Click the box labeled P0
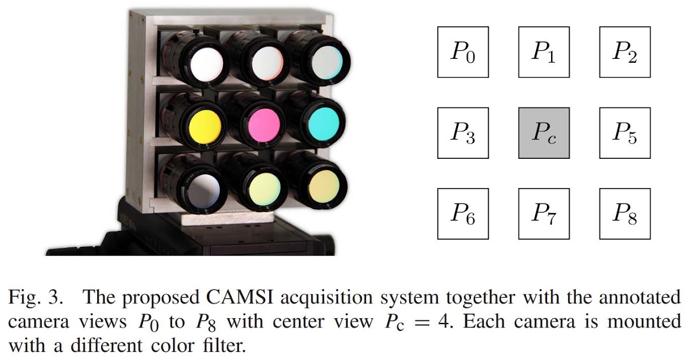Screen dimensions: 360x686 (x=463, y=52)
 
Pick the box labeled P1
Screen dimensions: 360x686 (x=544, y=52)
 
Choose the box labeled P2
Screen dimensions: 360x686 (x=625, y=52)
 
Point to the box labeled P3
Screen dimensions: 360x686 (x=463, y=133)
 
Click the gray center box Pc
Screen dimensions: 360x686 (x=544, y=133)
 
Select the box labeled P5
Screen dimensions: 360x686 (x=625, y=133)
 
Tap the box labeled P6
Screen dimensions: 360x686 (x=463, y=214)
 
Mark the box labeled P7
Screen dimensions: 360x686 (x=544, y=214)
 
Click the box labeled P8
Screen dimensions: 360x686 (x=625, y=214)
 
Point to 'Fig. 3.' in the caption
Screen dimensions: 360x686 (x=34, y=298)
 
